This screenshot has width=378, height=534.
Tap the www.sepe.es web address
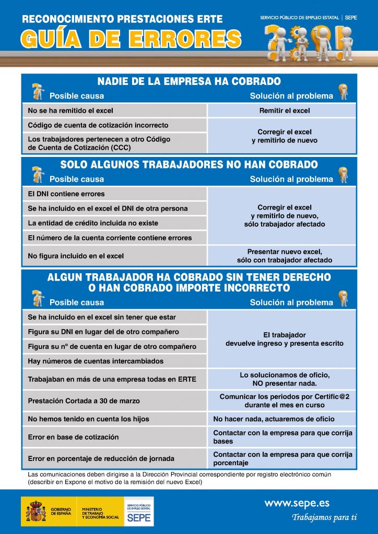[297, 503]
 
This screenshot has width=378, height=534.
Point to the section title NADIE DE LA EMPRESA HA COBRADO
[189, 81]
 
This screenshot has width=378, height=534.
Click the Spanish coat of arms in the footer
[36, 511]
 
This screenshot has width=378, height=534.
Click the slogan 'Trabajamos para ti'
[324, 518]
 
